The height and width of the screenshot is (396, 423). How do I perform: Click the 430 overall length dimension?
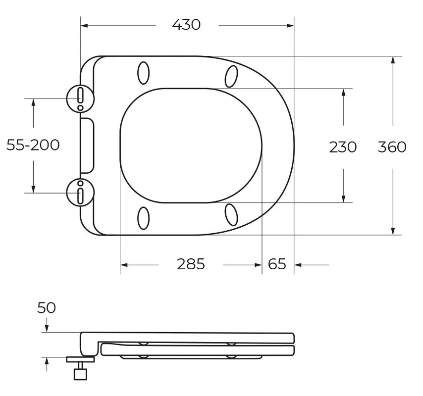point(186,25)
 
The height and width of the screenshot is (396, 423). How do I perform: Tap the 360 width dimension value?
point(392,147)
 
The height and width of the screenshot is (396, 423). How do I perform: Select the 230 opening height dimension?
point(343,147)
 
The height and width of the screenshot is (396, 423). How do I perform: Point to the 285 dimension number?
point(191,264)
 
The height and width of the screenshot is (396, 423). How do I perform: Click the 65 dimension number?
point(277,264)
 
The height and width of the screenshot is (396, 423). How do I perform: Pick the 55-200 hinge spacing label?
point(33,145)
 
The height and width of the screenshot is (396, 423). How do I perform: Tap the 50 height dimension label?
point(47,307)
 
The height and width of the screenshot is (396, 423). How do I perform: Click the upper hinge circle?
point(80,98)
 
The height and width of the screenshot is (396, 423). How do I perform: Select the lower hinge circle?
point(80,193)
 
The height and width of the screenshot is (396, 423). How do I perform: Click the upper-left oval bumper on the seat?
point(143,73)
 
